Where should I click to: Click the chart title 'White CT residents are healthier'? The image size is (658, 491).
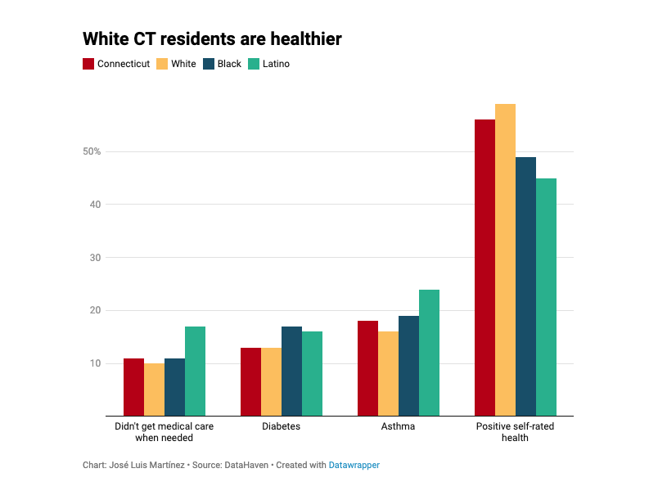[212, 38]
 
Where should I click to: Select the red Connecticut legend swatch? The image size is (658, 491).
[88, 64]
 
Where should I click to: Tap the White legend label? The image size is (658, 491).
[183, 64]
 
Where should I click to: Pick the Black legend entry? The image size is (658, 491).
[229, 64]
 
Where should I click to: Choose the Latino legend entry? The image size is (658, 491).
[276, 64]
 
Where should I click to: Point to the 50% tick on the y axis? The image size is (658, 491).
[91, 151]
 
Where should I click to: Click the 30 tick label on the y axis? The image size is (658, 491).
[95, 258]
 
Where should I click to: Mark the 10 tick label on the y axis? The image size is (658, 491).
[95, 363]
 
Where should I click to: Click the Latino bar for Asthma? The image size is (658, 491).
[429, 353]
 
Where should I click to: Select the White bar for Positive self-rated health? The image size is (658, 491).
[505, 260]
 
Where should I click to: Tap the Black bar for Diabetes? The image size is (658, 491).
[291, 371]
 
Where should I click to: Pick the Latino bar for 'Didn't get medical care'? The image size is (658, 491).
[195, 371]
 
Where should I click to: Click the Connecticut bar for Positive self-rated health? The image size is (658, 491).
[484, 268]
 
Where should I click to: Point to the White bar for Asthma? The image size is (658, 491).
[388, 373]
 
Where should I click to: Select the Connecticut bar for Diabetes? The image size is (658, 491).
[250, 381]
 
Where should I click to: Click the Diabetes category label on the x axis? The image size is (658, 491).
[281, 426]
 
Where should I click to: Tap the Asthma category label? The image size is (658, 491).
[398, 426]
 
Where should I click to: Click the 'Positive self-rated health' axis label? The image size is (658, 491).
[515, 432]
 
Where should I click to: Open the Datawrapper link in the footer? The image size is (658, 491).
[354, 465]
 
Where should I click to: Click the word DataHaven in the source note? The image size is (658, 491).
[246, 465]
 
